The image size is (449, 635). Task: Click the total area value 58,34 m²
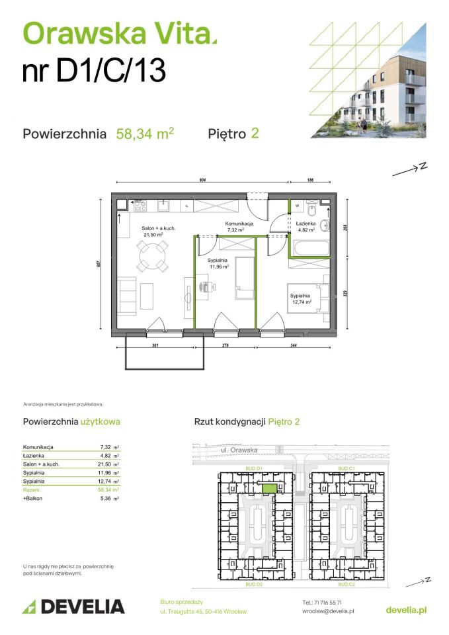pos(145,134)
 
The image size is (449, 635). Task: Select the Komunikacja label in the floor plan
pos(239,224)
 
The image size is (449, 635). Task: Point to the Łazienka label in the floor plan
pos(305,224)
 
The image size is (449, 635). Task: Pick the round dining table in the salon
pos(152,254)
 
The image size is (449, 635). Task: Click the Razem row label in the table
pos(32,490)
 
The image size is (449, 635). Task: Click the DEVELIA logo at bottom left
pos(73,607)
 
